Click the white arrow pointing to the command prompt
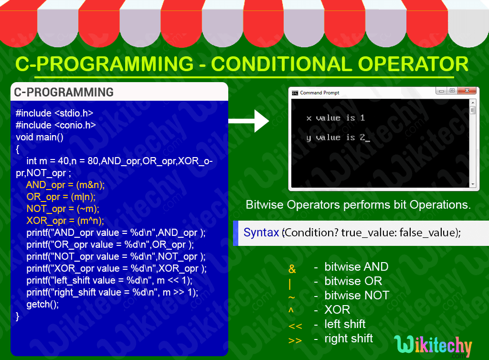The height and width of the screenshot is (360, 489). pos(249,120)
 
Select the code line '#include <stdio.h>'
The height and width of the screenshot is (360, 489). pos(54,113)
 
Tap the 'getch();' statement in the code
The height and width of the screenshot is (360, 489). pos(43,304)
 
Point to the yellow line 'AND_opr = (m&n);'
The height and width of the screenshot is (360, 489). pos(65,185)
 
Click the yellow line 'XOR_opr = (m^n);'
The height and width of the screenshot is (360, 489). pos(65,221)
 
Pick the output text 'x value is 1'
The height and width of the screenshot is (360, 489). pos(335,118)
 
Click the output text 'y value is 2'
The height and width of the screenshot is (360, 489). pos(336,138)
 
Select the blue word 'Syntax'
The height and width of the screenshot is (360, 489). pos(261,233)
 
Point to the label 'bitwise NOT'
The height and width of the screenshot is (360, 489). pos(357,295)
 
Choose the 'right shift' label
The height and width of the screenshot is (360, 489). pos(349,339)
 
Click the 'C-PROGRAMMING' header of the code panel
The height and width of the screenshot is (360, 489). pos(64,92)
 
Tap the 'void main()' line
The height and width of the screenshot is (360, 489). pos(40,137)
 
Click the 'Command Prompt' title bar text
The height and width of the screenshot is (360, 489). pos(320,93)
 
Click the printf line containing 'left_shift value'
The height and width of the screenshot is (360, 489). pos(109,280)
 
